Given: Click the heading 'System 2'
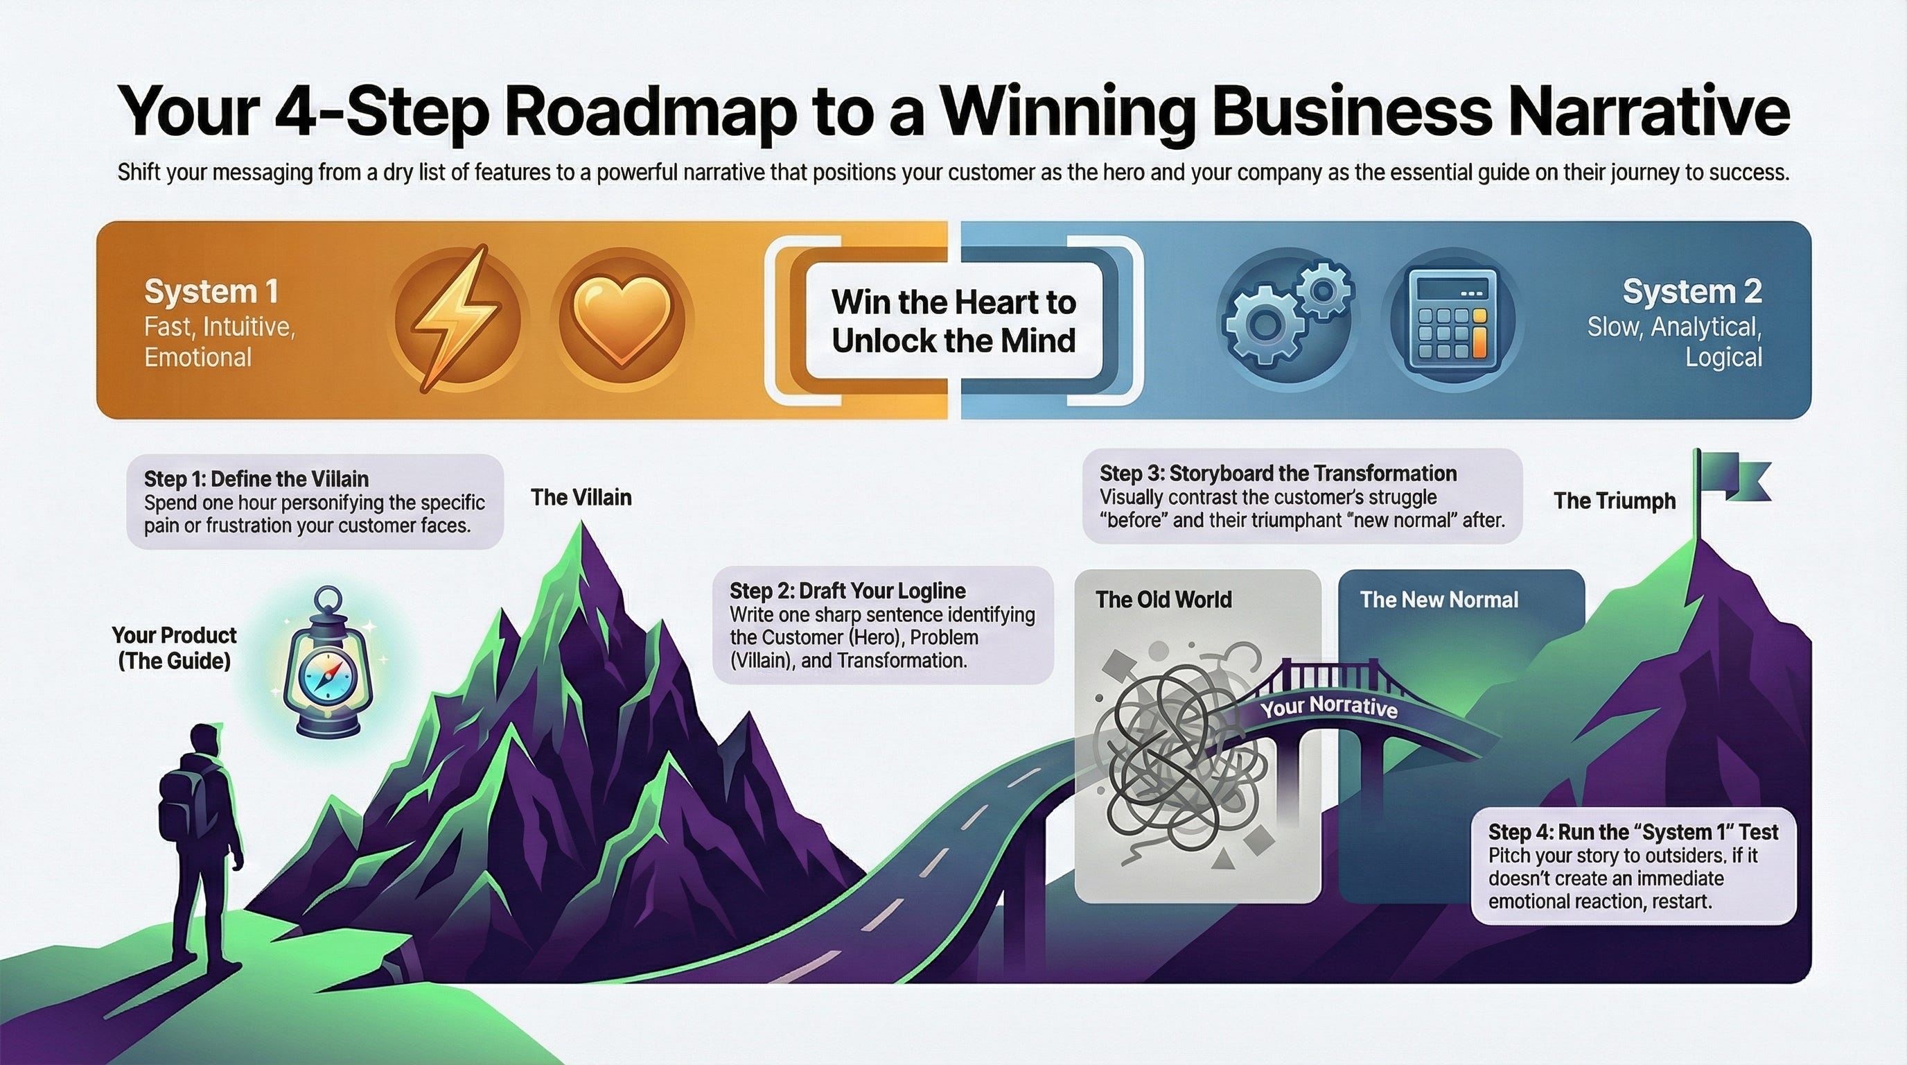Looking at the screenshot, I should (x=1691, y=291).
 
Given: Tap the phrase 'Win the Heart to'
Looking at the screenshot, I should (x=953, y=302).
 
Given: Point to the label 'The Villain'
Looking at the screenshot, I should (x=581, y=497).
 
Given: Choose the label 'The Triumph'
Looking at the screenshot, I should (x=1615, y=501).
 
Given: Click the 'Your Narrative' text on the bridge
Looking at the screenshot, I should (x=1329, y=707).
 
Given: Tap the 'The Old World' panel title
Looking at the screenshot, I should (x=1163, y=599).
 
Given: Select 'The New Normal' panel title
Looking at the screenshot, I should (x=1439, y=599).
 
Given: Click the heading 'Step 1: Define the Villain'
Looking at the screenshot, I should (x=256, y=478).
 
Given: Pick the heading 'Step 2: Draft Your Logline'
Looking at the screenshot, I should (x=847, y=590).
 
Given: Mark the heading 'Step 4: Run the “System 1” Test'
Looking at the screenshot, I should (x=1633, y=832).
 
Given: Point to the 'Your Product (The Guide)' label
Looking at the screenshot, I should (x=174, y=648).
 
